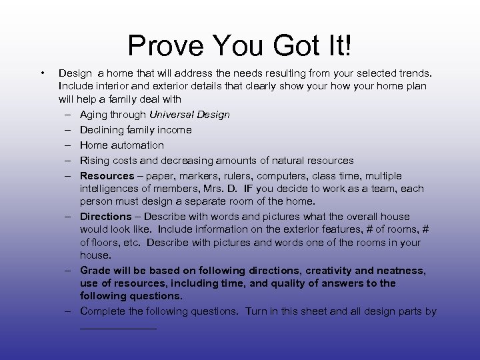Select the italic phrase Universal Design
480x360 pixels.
[189, 115]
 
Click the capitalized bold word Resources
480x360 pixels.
[107, 176]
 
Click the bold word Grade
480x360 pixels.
[95, 271]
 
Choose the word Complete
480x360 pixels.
[102, 311]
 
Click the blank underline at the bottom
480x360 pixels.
[118, 327]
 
